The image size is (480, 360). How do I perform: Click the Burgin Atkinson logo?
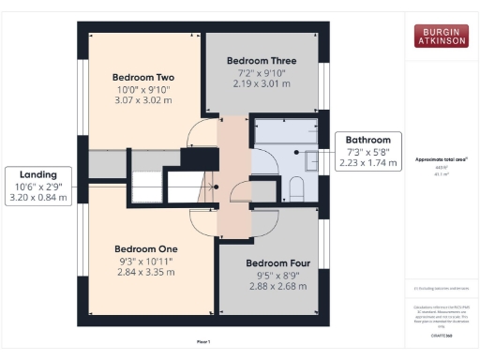[x=442, y=37]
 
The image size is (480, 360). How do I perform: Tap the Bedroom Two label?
[x=143, y=77]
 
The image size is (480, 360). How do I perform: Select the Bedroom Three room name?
[x=262, y=59]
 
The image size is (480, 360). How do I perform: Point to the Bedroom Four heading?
[x=270, y=264]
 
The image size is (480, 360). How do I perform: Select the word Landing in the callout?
[x=38, y=173]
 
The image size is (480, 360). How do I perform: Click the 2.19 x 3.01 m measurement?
[x=262, y=83]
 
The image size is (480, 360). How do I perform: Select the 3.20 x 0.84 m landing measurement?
[x=38, y=198]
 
